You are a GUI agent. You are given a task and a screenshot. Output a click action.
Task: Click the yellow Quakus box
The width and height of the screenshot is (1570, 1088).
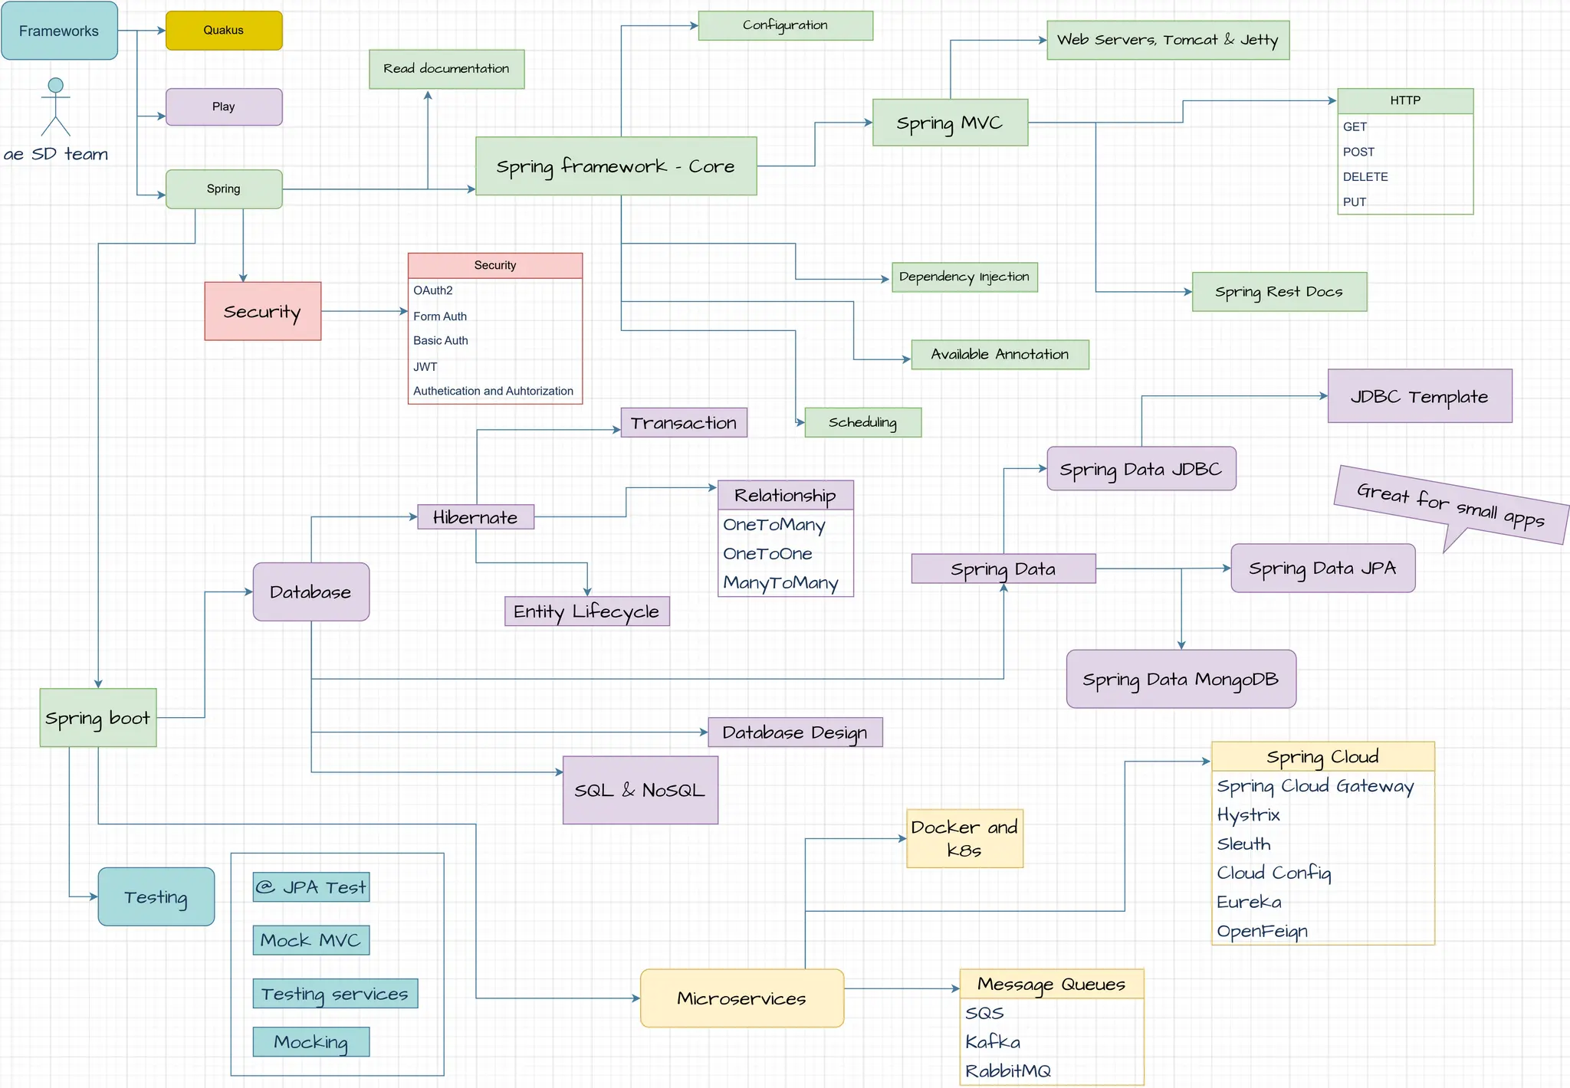click(224, 31)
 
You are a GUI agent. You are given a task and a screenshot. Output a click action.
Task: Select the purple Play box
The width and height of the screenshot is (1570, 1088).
click(224, 107)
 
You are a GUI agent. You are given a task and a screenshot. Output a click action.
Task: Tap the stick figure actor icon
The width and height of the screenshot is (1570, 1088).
click(55, 107)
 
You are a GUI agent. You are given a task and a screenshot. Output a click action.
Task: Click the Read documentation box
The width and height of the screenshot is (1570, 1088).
click(446, 69)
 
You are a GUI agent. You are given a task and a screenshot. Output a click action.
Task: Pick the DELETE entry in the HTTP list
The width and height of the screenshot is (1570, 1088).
click(1365, 177)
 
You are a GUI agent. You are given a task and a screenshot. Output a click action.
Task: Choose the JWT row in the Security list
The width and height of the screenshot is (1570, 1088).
click(425, 367)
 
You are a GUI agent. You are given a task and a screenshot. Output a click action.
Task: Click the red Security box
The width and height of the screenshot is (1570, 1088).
click(262, 312)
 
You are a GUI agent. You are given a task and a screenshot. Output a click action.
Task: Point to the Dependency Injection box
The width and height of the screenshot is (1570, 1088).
click(964, 277)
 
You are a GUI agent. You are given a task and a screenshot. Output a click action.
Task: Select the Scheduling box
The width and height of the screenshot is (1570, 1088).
click(862, 422)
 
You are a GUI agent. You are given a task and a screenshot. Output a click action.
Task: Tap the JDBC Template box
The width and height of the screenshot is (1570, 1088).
click(1419, 396)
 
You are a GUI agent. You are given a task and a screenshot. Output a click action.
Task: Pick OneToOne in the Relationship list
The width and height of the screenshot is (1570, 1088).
click(767, 554)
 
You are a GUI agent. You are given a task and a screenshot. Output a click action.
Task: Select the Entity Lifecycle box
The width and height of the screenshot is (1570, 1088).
click(586, 611)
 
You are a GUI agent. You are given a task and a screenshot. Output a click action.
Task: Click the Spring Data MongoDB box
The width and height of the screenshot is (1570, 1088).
click(1181, 680)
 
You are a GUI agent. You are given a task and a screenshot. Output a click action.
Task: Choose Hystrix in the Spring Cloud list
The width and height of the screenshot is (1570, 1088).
click(1249, 815)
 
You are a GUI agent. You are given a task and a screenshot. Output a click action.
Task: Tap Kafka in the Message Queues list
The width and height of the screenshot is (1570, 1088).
click(993, 1042)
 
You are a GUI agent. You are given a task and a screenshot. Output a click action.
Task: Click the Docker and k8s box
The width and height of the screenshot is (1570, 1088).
click(964, 839)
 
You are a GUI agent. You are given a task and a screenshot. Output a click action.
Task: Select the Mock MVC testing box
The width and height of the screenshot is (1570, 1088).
click(310, 940)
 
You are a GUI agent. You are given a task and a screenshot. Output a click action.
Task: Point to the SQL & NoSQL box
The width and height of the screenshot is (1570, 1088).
click(640, 790)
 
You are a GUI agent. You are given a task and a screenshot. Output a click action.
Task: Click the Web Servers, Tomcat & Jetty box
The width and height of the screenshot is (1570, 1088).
click(1168, 40)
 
